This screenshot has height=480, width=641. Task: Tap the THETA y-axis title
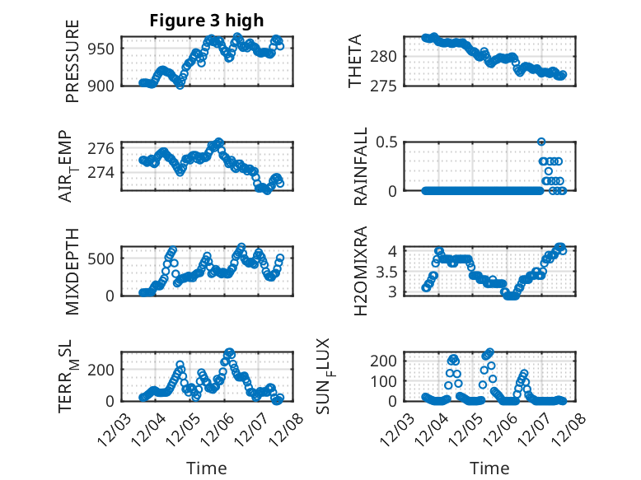tap(355, 62)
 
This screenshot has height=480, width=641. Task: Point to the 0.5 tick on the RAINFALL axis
tap(386, 142)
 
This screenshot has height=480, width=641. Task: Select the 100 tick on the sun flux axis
tap(386, 381)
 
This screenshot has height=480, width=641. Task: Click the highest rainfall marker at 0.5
tap(541, 142)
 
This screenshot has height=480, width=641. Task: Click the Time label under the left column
tap(206, 468)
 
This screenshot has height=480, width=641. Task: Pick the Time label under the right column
tap(489, 468)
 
